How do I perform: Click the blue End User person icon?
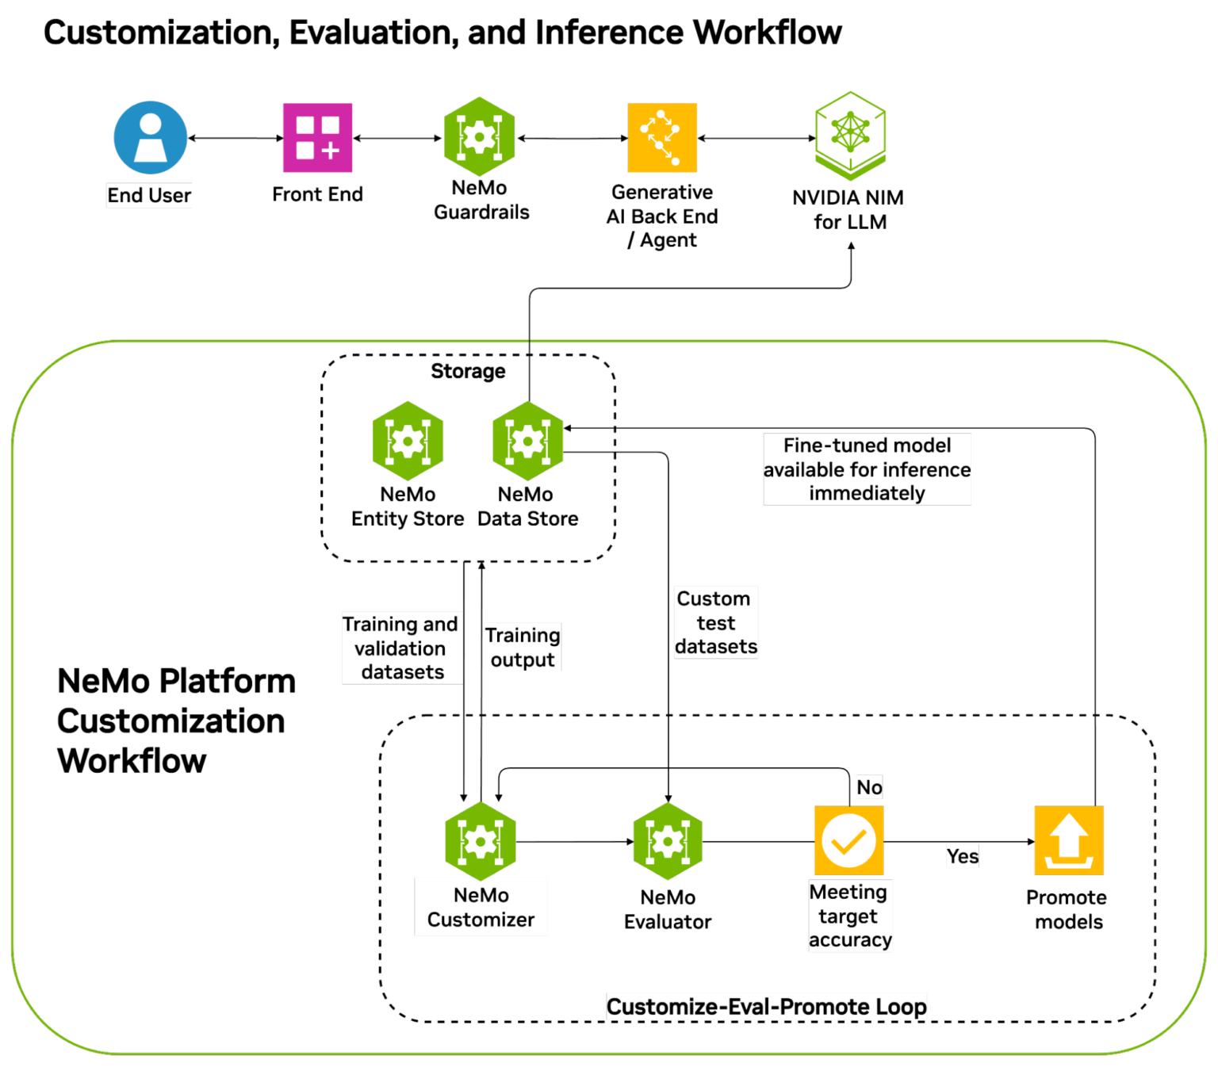(150, 137)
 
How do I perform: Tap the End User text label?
(149, 195)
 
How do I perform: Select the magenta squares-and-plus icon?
(318, 138)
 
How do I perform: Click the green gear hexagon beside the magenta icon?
(479, 136)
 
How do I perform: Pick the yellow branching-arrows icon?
(662, 138)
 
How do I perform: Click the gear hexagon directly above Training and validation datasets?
(408, 441)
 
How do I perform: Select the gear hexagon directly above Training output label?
(527, 441)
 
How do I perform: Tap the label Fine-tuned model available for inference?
(867, 469)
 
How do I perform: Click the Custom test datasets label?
(715, 622)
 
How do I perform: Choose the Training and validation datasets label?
(401, 648)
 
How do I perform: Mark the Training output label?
(523, 647)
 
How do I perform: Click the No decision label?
(869, 787)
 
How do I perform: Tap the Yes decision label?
(962, 856)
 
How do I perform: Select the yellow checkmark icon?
(848, 841)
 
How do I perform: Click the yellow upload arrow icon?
(1068, 841)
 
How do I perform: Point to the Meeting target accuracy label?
(849, 916)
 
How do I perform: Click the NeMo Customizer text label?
(481, 907)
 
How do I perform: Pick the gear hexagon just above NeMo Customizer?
(480, 841)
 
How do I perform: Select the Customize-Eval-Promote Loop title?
(766, 1007)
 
